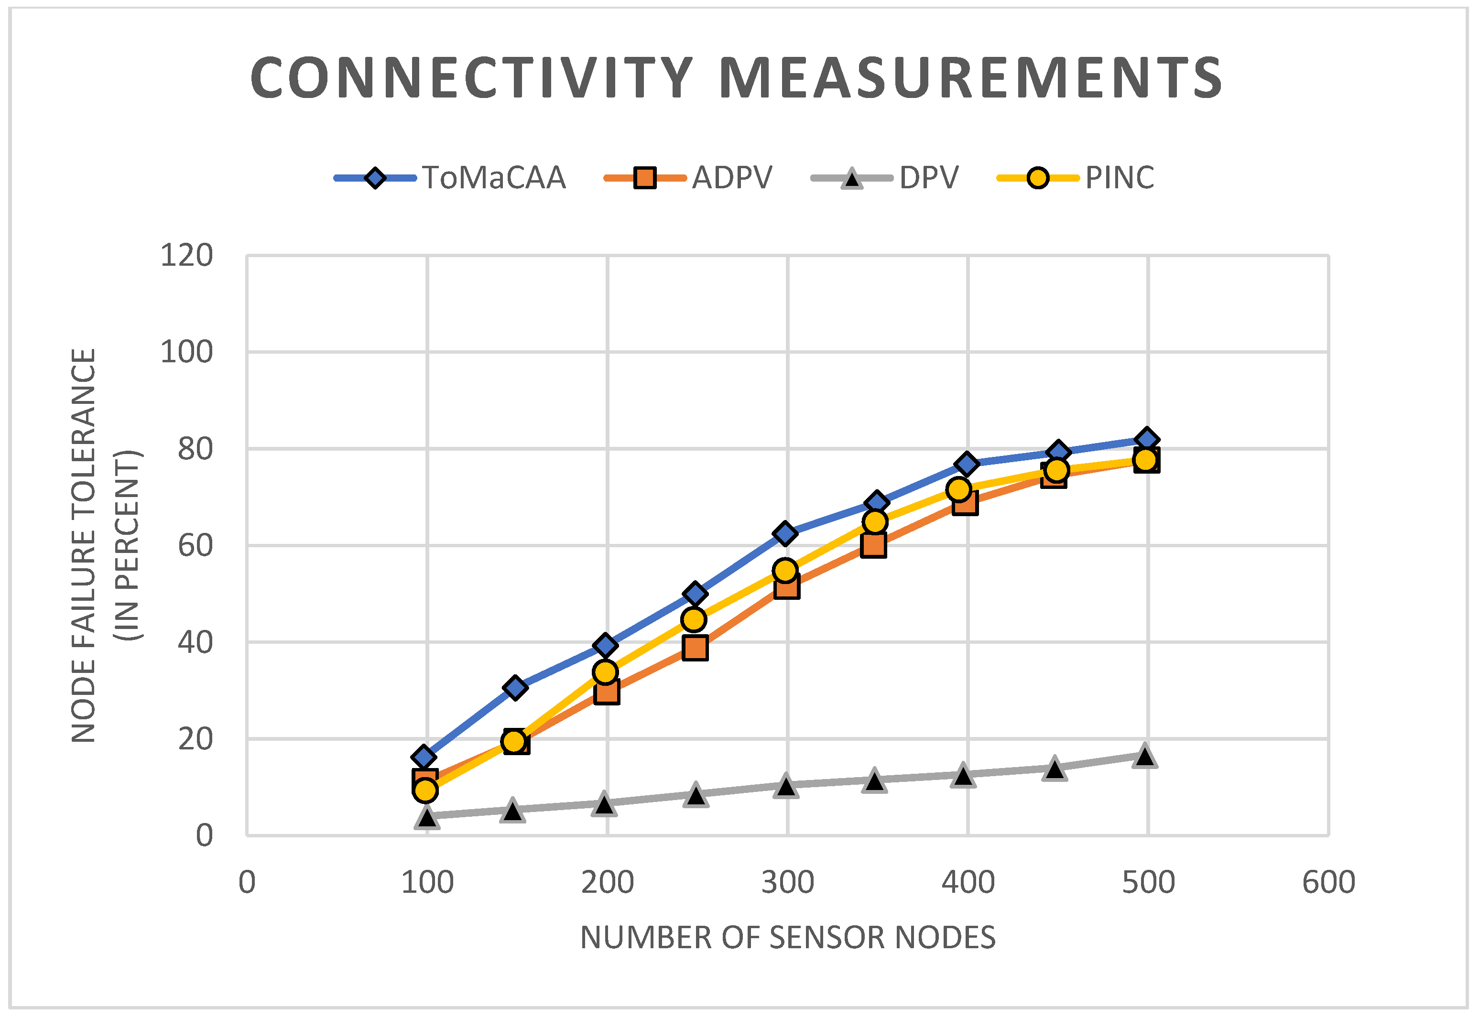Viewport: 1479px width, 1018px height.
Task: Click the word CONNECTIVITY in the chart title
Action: (471, 78)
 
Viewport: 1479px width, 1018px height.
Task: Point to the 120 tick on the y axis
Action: (186, 256)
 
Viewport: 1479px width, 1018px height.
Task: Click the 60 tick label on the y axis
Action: (195, 546)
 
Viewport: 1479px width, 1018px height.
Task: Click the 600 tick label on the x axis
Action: (1328, 883)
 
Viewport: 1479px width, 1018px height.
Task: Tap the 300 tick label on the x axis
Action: (788, 883)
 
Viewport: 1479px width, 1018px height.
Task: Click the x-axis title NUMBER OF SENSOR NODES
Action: (788, 938)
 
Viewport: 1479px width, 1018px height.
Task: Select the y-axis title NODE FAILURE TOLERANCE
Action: (84, 546)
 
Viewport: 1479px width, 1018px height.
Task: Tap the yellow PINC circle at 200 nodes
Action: (605, 672)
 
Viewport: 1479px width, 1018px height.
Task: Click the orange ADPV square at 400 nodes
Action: (965, 503)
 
